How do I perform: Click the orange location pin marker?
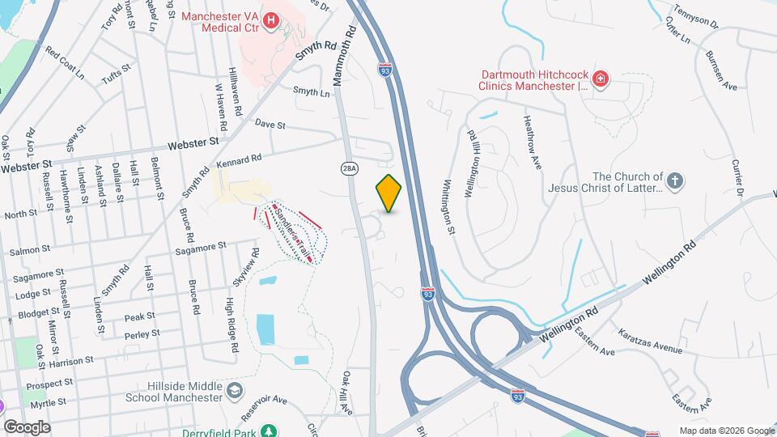[x=389, y=193]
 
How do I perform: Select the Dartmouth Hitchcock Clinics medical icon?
[x=601, y=78]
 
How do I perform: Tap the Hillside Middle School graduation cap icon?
[x=234, y=392]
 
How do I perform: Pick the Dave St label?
[x=270, y=125]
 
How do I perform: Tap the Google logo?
[x=27, y=426]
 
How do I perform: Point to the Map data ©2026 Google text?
[x=725, y=431]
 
